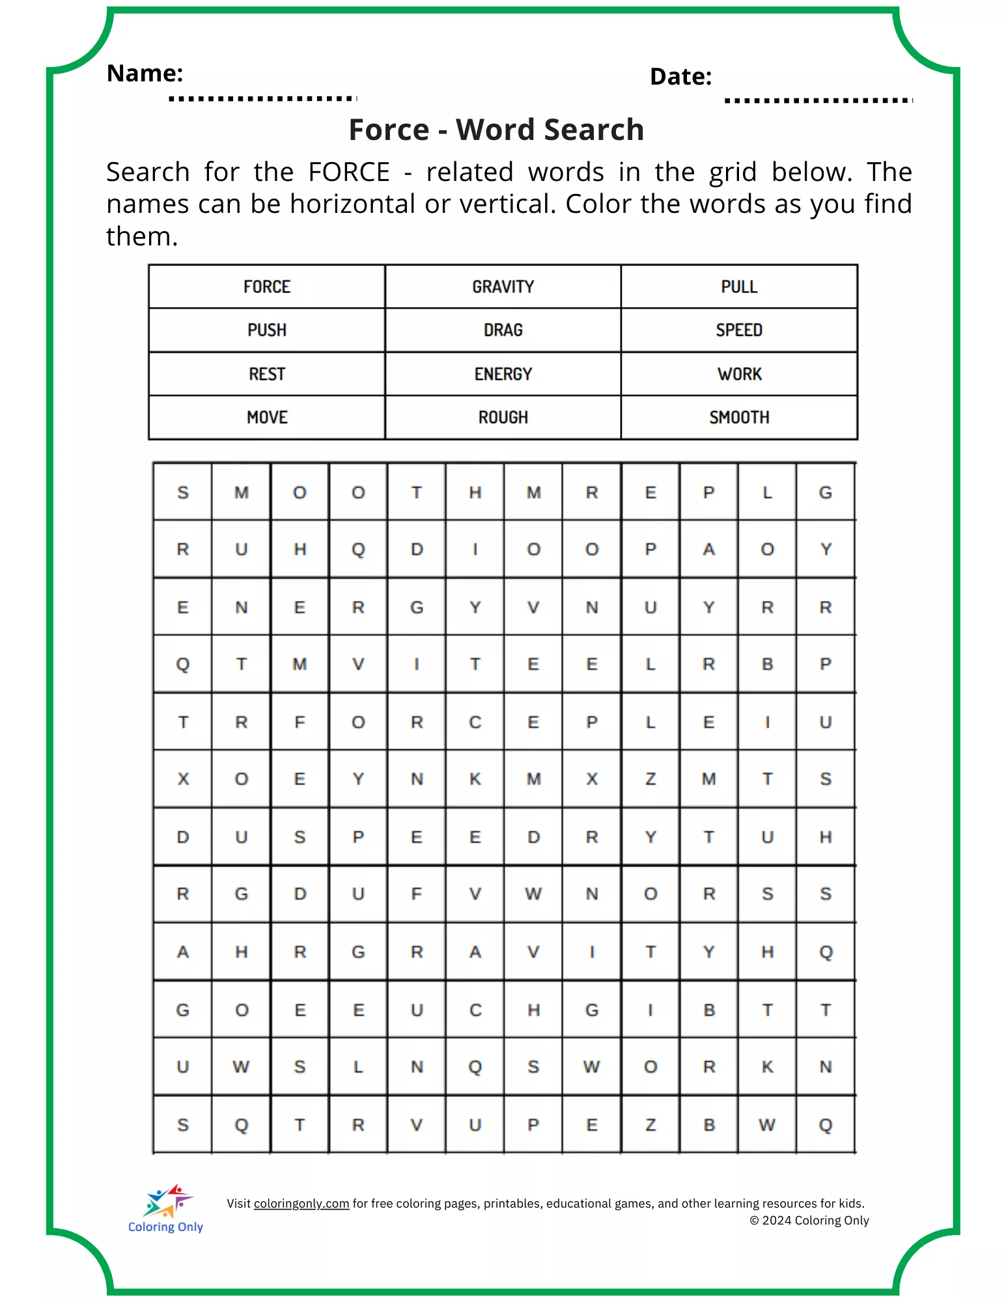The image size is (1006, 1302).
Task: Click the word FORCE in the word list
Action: (267, 287)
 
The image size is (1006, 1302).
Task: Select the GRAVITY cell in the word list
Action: (503, 287)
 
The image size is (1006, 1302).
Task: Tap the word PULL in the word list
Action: (739, 287)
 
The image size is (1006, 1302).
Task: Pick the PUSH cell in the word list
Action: (267, 330)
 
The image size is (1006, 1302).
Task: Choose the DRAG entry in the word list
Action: (503, 330)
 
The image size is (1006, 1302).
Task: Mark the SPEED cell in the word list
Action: (739, 330)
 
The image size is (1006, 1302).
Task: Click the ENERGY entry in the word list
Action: (503, 374)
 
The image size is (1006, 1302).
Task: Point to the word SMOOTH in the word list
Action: (739, 417)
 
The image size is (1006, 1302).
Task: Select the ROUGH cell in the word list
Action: (503, 417)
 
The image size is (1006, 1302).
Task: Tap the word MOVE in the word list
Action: (267, 417)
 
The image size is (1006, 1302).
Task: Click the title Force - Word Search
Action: (496, 130)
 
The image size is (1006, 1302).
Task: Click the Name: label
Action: (145, 74)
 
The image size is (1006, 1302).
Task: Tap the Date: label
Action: (680, 77)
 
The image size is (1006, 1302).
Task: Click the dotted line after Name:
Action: (262, 98)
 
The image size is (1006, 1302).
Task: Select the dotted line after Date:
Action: (818, 100)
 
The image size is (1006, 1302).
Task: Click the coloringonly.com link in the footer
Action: (301, 1204)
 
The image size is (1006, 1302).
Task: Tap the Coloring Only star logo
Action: (168, 1201)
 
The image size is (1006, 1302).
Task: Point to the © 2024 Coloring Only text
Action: (809, 1221)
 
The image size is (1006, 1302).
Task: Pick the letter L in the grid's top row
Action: (767, 493)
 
